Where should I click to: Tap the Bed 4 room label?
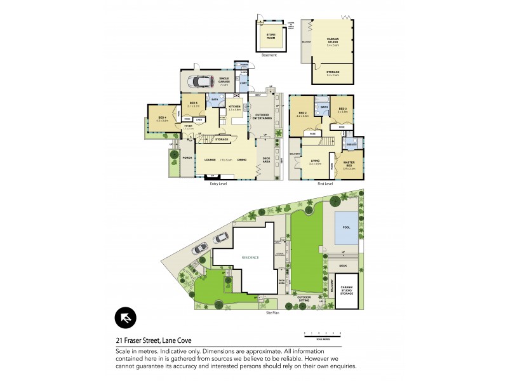click(162, 117)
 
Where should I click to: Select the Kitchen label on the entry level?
click(234, 107)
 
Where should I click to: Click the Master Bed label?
click(349, 166)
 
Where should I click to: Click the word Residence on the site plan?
click(251, 257)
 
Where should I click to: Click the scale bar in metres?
click(322, 333)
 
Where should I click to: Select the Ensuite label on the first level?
click(350, 144)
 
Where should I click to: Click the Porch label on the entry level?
click(187, 157)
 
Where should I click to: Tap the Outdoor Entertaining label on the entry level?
click(262, 117)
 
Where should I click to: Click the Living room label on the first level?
click(314, 162)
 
